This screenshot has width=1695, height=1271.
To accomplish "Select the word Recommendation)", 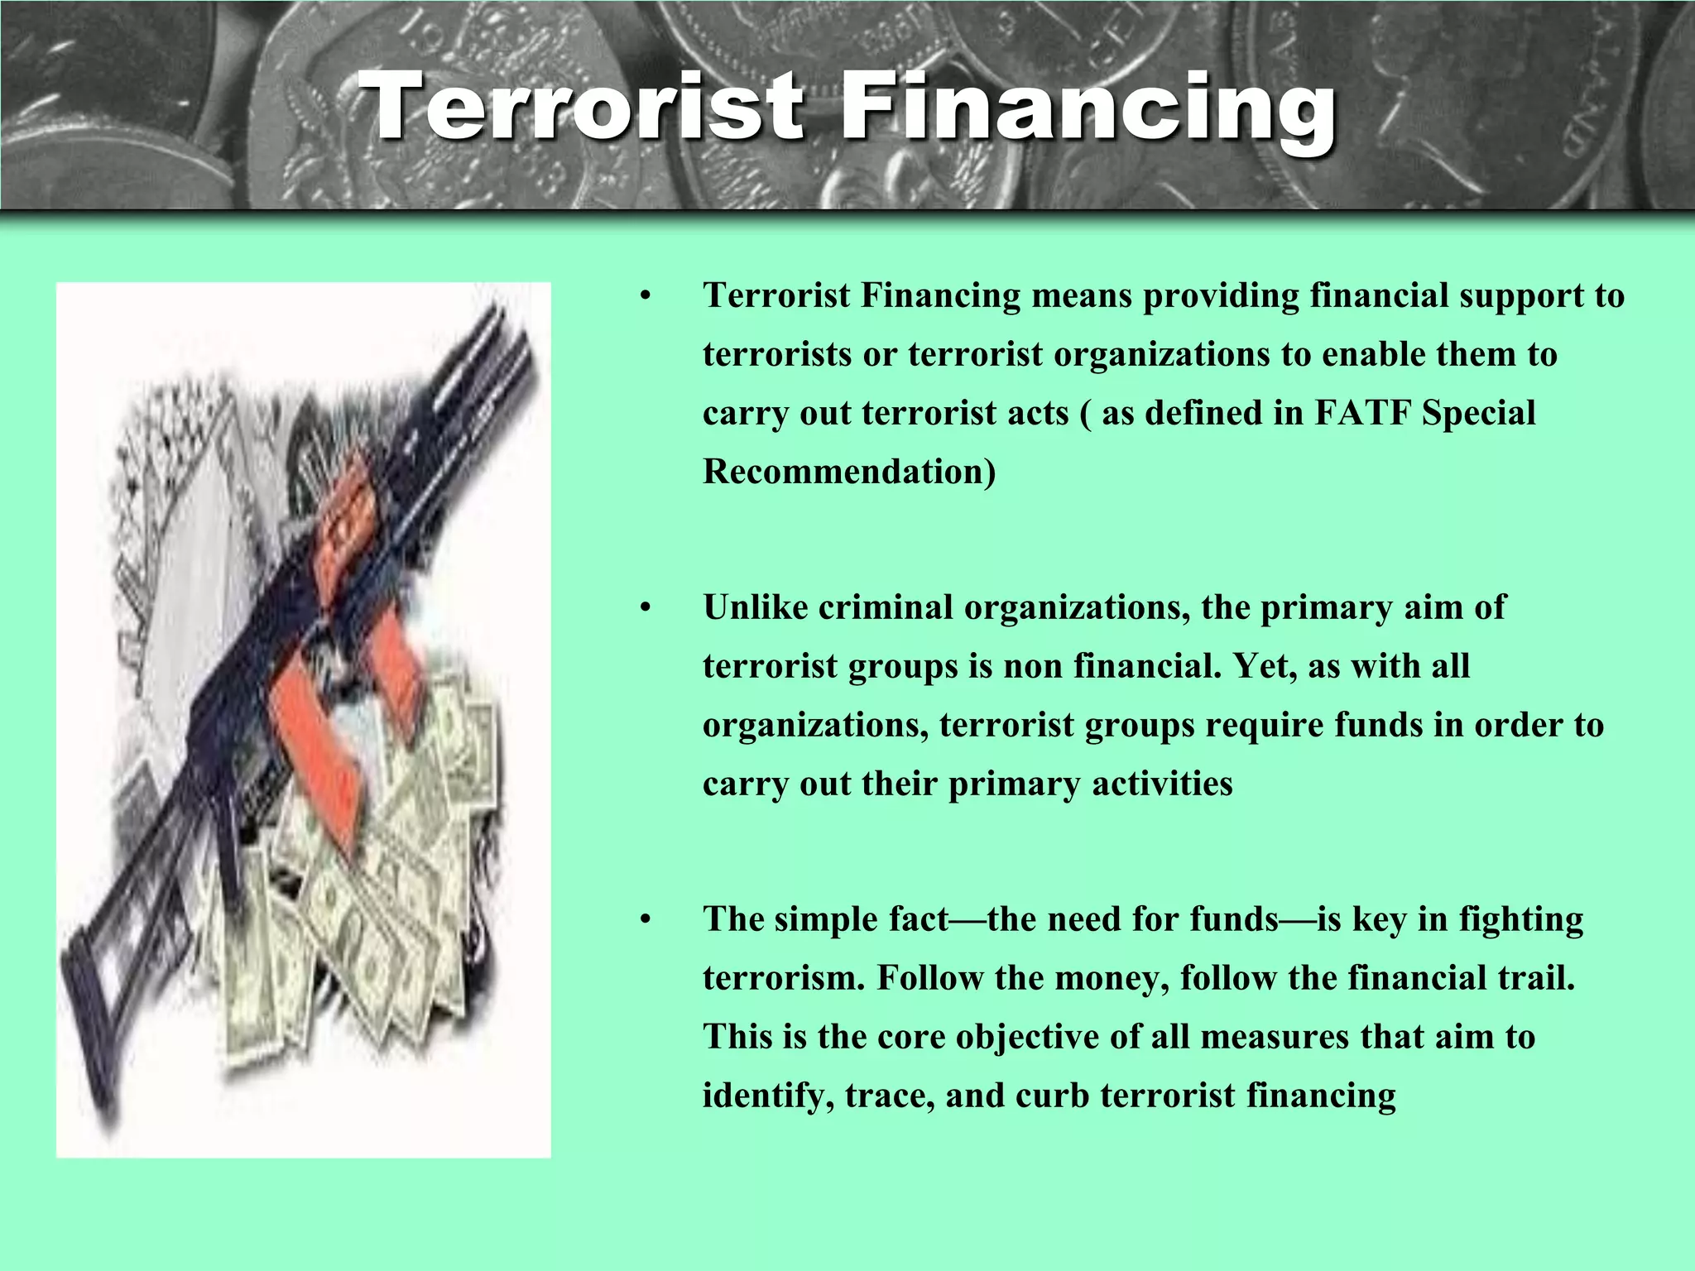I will coord(849,472).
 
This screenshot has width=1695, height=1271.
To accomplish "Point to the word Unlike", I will coord(755,607).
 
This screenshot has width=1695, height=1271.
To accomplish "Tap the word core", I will coord(910,1037).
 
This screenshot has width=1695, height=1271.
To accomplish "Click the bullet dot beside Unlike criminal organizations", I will coord(646,608).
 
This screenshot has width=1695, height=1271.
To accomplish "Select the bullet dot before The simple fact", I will coord(646,920).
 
